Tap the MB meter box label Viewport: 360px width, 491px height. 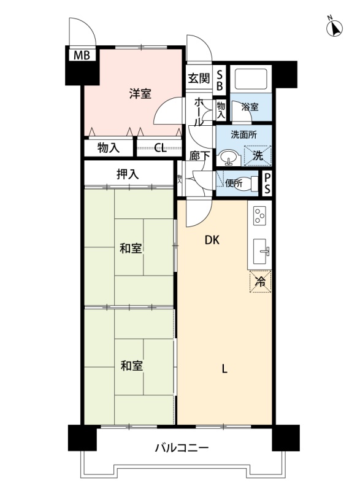[x=82, y=55]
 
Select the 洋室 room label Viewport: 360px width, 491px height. [x=140, y=93]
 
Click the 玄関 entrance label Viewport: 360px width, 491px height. [x=199, y=78]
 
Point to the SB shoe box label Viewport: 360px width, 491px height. [x=220, y=80]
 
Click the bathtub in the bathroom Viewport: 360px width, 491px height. [x=251, y=79]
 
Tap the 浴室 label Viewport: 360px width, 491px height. [x=250, y=107]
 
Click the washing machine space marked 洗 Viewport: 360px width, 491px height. [x=258, y=156]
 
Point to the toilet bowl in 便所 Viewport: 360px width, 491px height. [x=246, y=182]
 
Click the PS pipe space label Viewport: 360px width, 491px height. [x=267, y=184]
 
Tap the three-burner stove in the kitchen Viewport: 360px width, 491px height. [x=259, y=215]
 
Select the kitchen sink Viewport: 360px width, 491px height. [x=259, y=252]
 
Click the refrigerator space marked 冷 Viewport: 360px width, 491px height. [x=260, y=282]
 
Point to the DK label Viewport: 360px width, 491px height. [x=212, y=240]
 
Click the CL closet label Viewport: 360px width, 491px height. [x=161, y=148]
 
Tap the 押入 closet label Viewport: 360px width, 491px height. [x=128, y=174]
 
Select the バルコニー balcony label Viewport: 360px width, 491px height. [x=182, y=448]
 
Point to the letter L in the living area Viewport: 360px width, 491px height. [x=224, y=369]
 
